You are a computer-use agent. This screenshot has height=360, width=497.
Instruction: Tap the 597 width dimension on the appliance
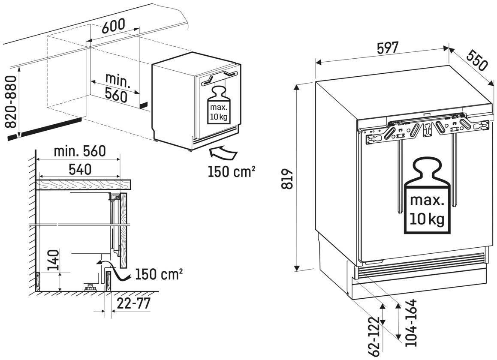[x=388, y=48]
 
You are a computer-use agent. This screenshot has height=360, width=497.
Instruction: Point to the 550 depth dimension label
[x=476, y=61]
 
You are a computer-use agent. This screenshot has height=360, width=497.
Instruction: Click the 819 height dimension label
[x=287, y=179]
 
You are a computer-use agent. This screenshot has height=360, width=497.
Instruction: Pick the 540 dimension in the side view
[x=80, y=170]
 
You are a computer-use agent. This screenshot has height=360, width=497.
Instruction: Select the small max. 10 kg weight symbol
[x=219, y=105]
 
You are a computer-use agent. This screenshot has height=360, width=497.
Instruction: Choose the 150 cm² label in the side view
[x=159, y=274]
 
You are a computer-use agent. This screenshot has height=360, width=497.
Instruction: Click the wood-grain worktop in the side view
[x=84, y=185]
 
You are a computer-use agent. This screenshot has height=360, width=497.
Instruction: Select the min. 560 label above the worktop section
[x=80, y=151]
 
